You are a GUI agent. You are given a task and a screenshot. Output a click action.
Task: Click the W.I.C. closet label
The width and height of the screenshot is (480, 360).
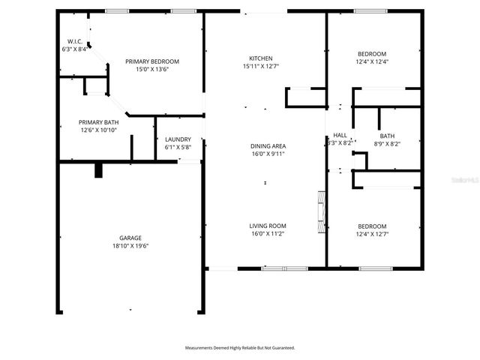click(x=74, y=41)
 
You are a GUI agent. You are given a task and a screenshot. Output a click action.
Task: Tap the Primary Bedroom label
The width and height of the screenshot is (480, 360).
click(x=152, y=61)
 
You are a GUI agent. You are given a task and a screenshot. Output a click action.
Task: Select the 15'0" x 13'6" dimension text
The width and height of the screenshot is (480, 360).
click(x=152, y=70)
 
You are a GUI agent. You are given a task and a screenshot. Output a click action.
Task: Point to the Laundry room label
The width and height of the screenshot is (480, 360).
click(x=178, y=139)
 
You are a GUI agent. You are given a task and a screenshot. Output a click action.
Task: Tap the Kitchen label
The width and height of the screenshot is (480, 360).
click(x=260, y=58)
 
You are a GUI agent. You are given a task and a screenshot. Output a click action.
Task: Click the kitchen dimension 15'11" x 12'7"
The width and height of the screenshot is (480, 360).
click(x=260, y=67)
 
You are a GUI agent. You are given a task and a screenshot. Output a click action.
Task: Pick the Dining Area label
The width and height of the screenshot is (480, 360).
click(x=268, y=145)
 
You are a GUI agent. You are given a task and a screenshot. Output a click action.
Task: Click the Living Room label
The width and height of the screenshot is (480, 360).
click(x=268, y=226)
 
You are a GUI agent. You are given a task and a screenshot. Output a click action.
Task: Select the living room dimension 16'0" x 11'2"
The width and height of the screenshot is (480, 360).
click(x=268, y=234)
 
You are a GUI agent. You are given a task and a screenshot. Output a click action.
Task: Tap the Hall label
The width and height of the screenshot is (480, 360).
click(x=340, y=135)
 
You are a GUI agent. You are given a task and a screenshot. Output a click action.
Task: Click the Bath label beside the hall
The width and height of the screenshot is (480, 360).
click(x=386, y=136)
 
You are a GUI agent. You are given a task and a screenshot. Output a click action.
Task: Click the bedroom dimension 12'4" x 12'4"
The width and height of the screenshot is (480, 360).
click(x=372, y=62)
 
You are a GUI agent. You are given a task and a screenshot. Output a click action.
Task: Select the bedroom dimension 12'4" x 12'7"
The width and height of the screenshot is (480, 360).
click(x=372, y=235)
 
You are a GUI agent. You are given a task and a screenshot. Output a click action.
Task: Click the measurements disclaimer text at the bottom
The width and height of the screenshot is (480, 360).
click(x=240, y=348)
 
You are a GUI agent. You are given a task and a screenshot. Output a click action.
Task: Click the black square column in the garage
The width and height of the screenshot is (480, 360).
click(x=98, y=170)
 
